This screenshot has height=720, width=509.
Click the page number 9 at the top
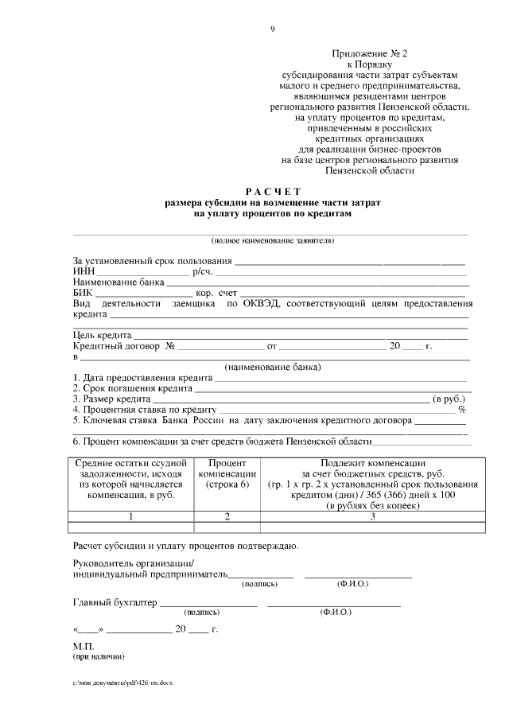tap(273, 29)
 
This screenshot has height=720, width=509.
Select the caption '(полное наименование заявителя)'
tap(273, 240)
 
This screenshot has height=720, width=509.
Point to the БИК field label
tap(83, 293)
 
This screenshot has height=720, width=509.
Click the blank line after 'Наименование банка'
tap(317, 282)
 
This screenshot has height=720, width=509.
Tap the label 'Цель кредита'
tap(102, 335)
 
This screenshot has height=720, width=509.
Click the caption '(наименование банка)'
tap(273, 367)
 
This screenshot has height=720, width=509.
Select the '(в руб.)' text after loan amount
tap(449, 399)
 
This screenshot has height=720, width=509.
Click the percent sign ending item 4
tap(461, 409)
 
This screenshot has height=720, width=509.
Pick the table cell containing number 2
tap(227, 516)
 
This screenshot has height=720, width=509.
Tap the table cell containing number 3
tap(372, 516)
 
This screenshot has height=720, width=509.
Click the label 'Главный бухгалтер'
tap(115, 602)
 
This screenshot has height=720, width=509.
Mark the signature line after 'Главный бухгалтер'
tap(208, 605)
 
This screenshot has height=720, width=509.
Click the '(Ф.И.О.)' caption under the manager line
tap(352, 584)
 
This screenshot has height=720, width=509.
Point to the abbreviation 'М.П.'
tap(84, 647)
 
